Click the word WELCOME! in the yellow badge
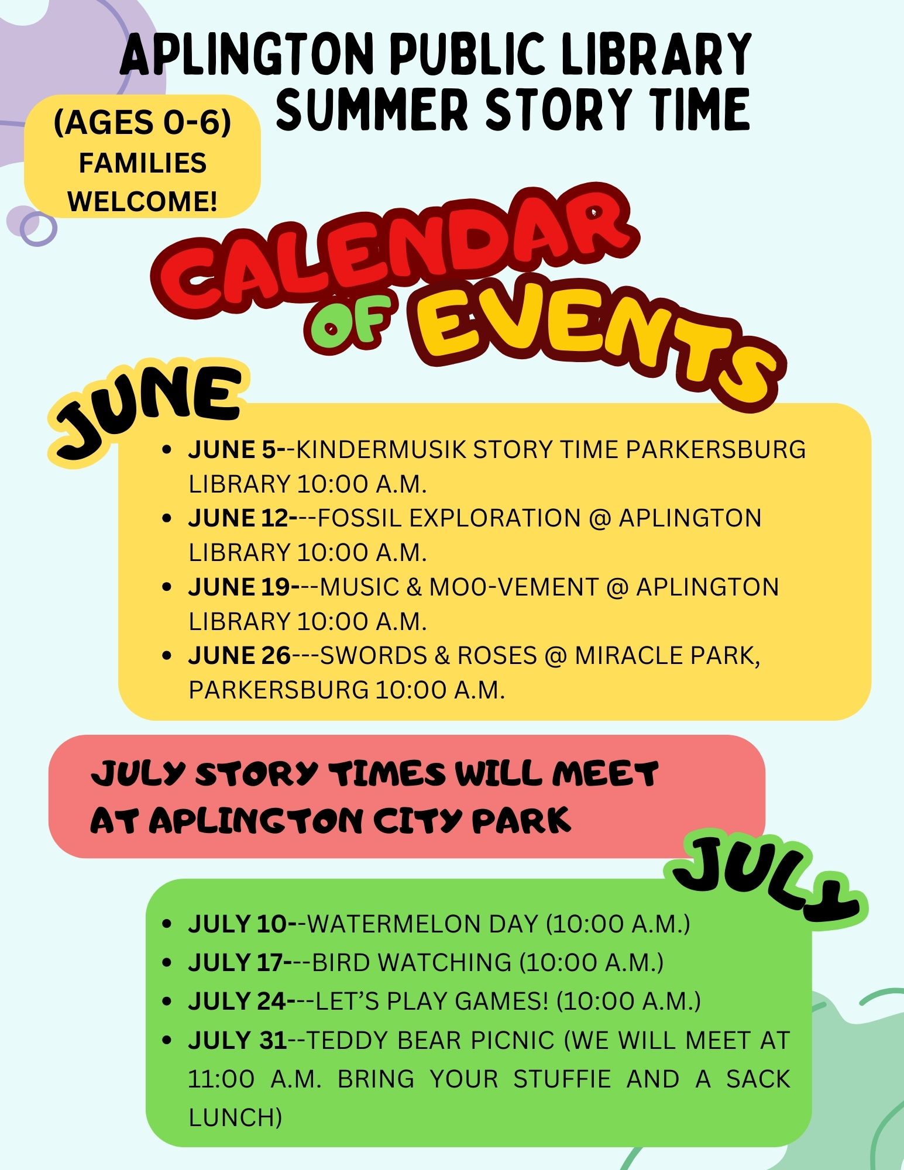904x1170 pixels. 142,201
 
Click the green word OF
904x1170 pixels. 348,322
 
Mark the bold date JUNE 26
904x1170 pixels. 239,655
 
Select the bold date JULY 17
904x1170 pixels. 236,962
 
